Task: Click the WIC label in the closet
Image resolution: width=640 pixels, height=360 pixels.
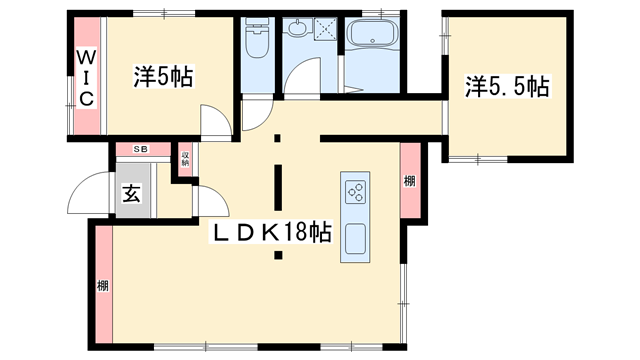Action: (x=86, y=77)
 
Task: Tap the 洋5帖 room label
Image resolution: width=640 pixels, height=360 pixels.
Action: (x=163, y=75)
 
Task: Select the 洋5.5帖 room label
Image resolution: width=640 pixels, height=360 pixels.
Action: (x=506, y=86)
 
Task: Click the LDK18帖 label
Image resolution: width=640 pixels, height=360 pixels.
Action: (x=271, y=232)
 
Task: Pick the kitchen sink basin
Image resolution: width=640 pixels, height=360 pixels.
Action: (x=356, y=240)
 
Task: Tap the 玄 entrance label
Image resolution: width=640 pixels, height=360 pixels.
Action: (x=131, y=194)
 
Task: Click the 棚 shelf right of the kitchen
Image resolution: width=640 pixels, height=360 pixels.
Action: (x=409, y=180)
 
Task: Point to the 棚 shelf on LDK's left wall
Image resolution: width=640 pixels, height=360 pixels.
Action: (x=102, y=286)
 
